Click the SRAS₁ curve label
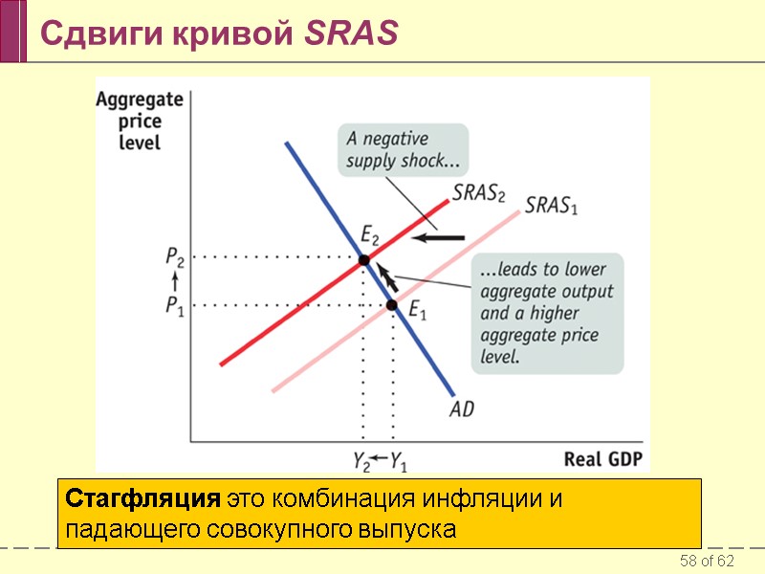pos(553,206)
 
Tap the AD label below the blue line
pos(461,408)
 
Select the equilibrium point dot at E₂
pos(363,260)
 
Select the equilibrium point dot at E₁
pos(392,305)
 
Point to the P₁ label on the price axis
pos(175,305)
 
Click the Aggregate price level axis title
pos(140,121)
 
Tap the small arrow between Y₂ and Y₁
pos(380,459)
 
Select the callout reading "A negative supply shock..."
pos(403,148)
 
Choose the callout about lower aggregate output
pos(549,313)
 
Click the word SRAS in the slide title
pos(351,33)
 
